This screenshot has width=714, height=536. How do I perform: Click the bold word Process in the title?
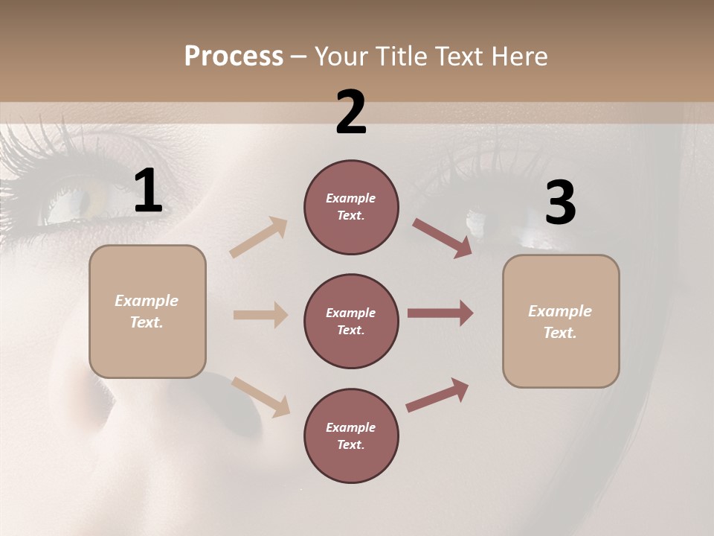pos(234,57)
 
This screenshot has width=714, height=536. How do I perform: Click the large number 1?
pos(148,191)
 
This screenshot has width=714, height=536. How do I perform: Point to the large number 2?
pos(351,112)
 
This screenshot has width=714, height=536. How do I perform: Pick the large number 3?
pos(560,202)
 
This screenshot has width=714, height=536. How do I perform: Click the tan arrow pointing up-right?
pos(259,237)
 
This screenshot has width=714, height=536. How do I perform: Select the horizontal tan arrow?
pos(260,315)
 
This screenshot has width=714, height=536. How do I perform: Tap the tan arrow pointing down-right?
pos(260,396)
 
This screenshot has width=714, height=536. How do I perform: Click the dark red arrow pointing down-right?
pos(443,237)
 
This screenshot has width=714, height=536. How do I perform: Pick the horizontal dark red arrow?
pos(440,313)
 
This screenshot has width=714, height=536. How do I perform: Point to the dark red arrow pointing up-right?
pos(437,395)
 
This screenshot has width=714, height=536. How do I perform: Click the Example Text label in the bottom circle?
pos(351,436)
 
